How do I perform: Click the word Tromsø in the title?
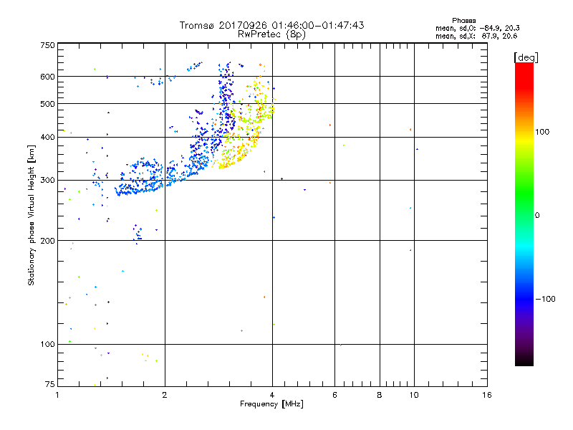pyautogui.click(x=197, y=25)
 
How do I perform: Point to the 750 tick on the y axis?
pyautogui.click(x=47, y=45)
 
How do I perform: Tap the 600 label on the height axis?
pyautogui.click(x=47, y=77)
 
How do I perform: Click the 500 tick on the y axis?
pyautogui.click(x=47, y=104)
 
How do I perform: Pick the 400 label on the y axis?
pyautogui.click(x=47, y=138)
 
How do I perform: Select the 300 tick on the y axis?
pyautogui.click(x=47, y=181)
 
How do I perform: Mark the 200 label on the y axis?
pyautogui.click(x=47, y=241)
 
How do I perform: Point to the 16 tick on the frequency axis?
pyautogui.click(x=486, y=395)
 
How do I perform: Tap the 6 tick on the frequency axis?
pyautogui.click(x=334, y=395)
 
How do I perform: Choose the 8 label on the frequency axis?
pyautogui.click(x=380, y=395)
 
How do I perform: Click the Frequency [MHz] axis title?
pyautogui.click(x=271, y=405)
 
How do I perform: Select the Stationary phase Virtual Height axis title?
pyautogui.click(x=32, y=215)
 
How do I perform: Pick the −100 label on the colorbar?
pyautogui.click(x=546, y=299)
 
